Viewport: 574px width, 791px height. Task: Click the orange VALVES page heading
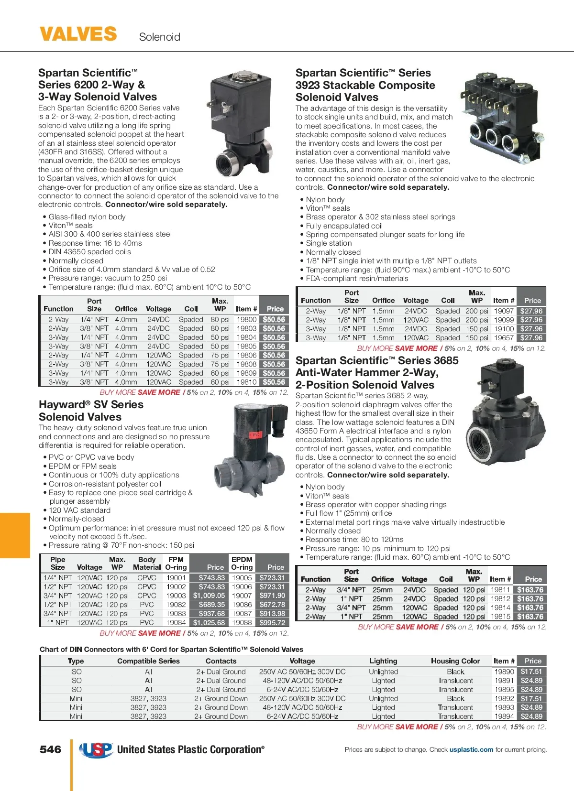coord(78,34)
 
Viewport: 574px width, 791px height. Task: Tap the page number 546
coord(50,749)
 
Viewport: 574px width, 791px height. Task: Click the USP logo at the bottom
coord(96,750)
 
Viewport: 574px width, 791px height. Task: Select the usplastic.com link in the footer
coord(471,749)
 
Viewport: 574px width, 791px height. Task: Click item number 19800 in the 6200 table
coord(246,319)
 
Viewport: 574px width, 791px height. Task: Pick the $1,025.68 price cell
coord(209,623)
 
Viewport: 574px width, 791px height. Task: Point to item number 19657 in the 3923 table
coord(504,337)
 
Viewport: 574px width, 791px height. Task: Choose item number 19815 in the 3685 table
coord(500,617)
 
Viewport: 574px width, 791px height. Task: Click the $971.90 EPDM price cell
coord(272,596)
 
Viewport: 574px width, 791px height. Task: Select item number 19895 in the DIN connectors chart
coord(504,689)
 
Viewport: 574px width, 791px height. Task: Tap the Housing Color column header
coord(455,661)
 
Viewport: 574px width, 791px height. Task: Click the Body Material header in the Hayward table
coord(147,563)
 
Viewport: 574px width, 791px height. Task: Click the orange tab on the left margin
coord(15,535)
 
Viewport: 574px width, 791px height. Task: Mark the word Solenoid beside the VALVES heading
coord(159,37)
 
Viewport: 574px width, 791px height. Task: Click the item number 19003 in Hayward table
coord(176,596)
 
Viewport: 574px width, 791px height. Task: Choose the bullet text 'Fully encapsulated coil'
coord(344,226)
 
